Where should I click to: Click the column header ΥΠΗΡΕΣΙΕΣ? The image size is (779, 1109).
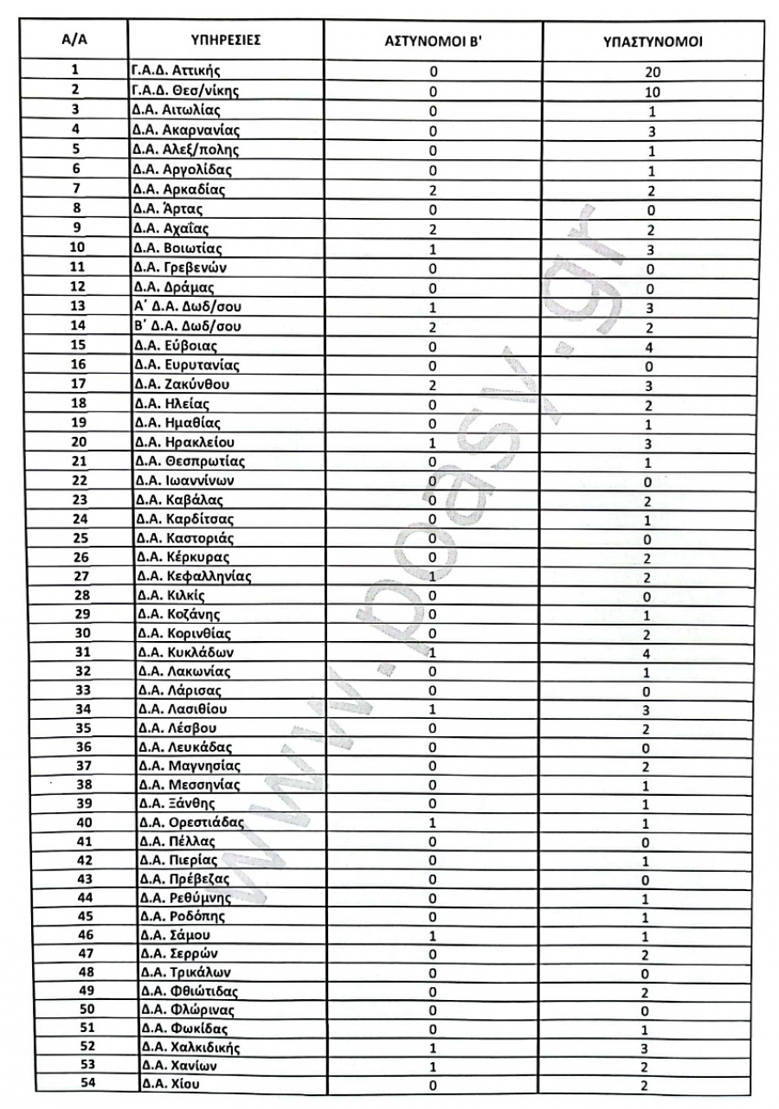(x=225, y=42)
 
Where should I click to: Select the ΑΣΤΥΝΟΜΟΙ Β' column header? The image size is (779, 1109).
(x=432, y=42)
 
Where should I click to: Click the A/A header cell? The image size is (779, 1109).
(x=76, y=42)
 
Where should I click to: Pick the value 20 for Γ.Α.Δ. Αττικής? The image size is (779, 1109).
(x=651, y=74)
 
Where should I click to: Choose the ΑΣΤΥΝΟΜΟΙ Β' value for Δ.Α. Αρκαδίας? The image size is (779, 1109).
(x=432, y=189)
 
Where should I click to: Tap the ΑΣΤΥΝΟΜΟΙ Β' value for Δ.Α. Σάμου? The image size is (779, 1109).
(x=432, y=934)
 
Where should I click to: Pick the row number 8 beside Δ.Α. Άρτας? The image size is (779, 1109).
(x=76, y=208)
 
